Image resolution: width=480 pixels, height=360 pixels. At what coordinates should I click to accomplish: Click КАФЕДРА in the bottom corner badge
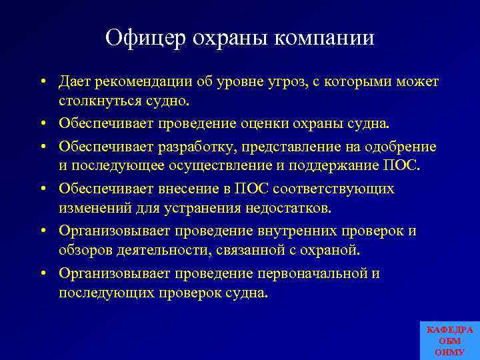tap(449, 330)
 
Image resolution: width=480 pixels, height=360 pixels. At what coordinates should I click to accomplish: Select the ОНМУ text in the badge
tap(449, 351)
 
